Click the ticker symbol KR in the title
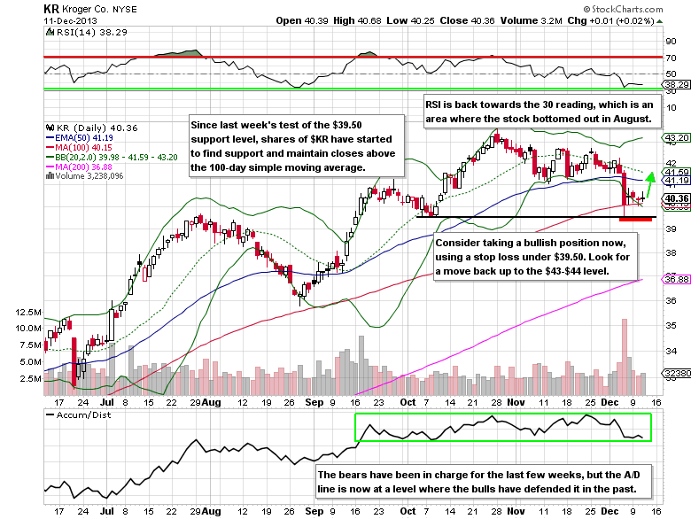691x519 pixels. pos(52,9)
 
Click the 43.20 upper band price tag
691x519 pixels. pos(677,139)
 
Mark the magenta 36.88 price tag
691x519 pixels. pos(677,279)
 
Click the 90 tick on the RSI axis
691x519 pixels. pos(671,40)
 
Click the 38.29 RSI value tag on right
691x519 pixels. pos(677,85)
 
